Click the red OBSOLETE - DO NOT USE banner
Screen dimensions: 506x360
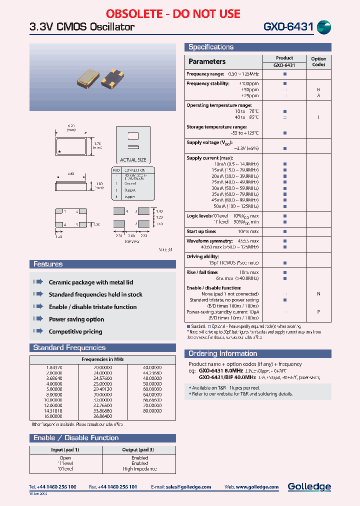tap(173, 13)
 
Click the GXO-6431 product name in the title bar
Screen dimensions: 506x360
tap(288, 27)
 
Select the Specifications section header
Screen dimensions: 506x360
tap(211, 47)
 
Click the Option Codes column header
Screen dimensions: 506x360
tap(318, 61)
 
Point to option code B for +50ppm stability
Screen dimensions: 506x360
tap(318, 89)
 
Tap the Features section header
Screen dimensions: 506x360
tap(48, 264)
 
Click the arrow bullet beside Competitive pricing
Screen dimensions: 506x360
tap(38, 331)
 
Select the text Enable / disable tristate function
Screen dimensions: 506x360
tap(92, 307)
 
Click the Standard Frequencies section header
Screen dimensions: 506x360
tap(69, 347)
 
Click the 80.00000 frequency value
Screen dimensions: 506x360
tap(152, 411)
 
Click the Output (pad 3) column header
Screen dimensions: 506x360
tap(138, 450)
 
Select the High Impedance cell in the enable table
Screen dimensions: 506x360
tap(139, 469)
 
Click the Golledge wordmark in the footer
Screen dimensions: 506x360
tap(309, 486)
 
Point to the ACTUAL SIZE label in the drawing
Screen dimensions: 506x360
tap(133, 160)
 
